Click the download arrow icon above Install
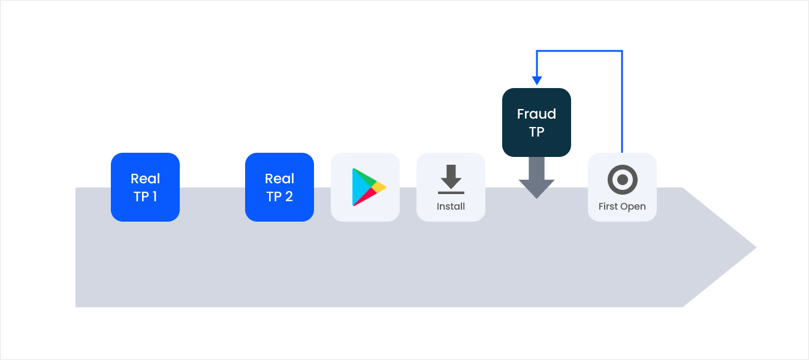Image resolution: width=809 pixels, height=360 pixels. (x=451, y=179)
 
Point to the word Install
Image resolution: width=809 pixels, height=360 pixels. (x=451, y=207)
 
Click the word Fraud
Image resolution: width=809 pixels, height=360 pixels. (x=536, y=114)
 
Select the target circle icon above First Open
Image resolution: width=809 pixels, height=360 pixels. (x=622, y=179)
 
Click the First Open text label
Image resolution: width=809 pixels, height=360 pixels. (x=622, y=207)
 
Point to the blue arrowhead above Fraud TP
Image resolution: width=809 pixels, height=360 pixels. (x=537, y=80)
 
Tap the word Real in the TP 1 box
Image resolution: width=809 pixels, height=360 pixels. (x=145, y=179)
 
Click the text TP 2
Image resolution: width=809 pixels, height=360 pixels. (x=279, y=196)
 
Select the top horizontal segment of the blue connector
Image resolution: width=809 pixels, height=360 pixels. (x=579, y=52)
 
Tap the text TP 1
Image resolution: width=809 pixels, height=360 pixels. (x=145, y=196)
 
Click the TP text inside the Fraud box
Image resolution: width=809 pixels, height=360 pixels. (x=536, y=132)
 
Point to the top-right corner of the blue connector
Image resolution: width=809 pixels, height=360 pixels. (x=622, y=52)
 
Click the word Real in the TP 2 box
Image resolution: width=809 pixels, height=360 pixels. (x=279, y=179)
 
